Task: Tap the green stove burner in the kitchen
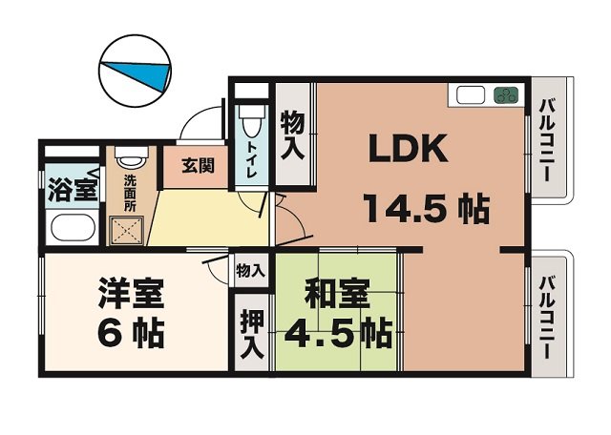pyautogui.click(x=506, y=95)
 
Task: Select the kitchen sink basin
pyautogui.click(x=471, y=95)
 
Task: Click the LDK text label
pyautogui.click(x=408, y=149)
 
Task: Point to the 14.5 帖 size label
pyautogui.click(x=427, y=208)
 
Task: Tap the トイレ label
pyautogui.click(x=251, y=160)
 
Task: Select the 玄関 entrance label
pyautogui.click(x=198, y=166)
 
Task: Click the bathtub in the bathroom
pyautogui.click(x=74, y=227)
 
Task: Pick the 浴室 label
pyautogui.click(x=73, y=190)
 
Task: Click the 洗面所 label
pyautogui.click(x=130, y=193)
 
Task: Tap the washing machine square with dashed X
pyautogui.click(x=126, y=231)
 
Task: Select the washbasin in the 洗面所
pyautogui.click(x=132, y=156)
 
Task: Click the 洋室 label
pyautogui.click(x=131, y=294)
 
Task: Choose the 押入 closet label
pyautogui.click(x=252, y=334)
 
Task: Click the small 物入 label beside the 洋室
pyautogui.click(x=250, y=270)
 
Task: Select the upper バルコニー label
pyautogui.click(x=546, y=140)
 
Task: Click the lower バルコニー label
pyautogui.click(x=546, y=319)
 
